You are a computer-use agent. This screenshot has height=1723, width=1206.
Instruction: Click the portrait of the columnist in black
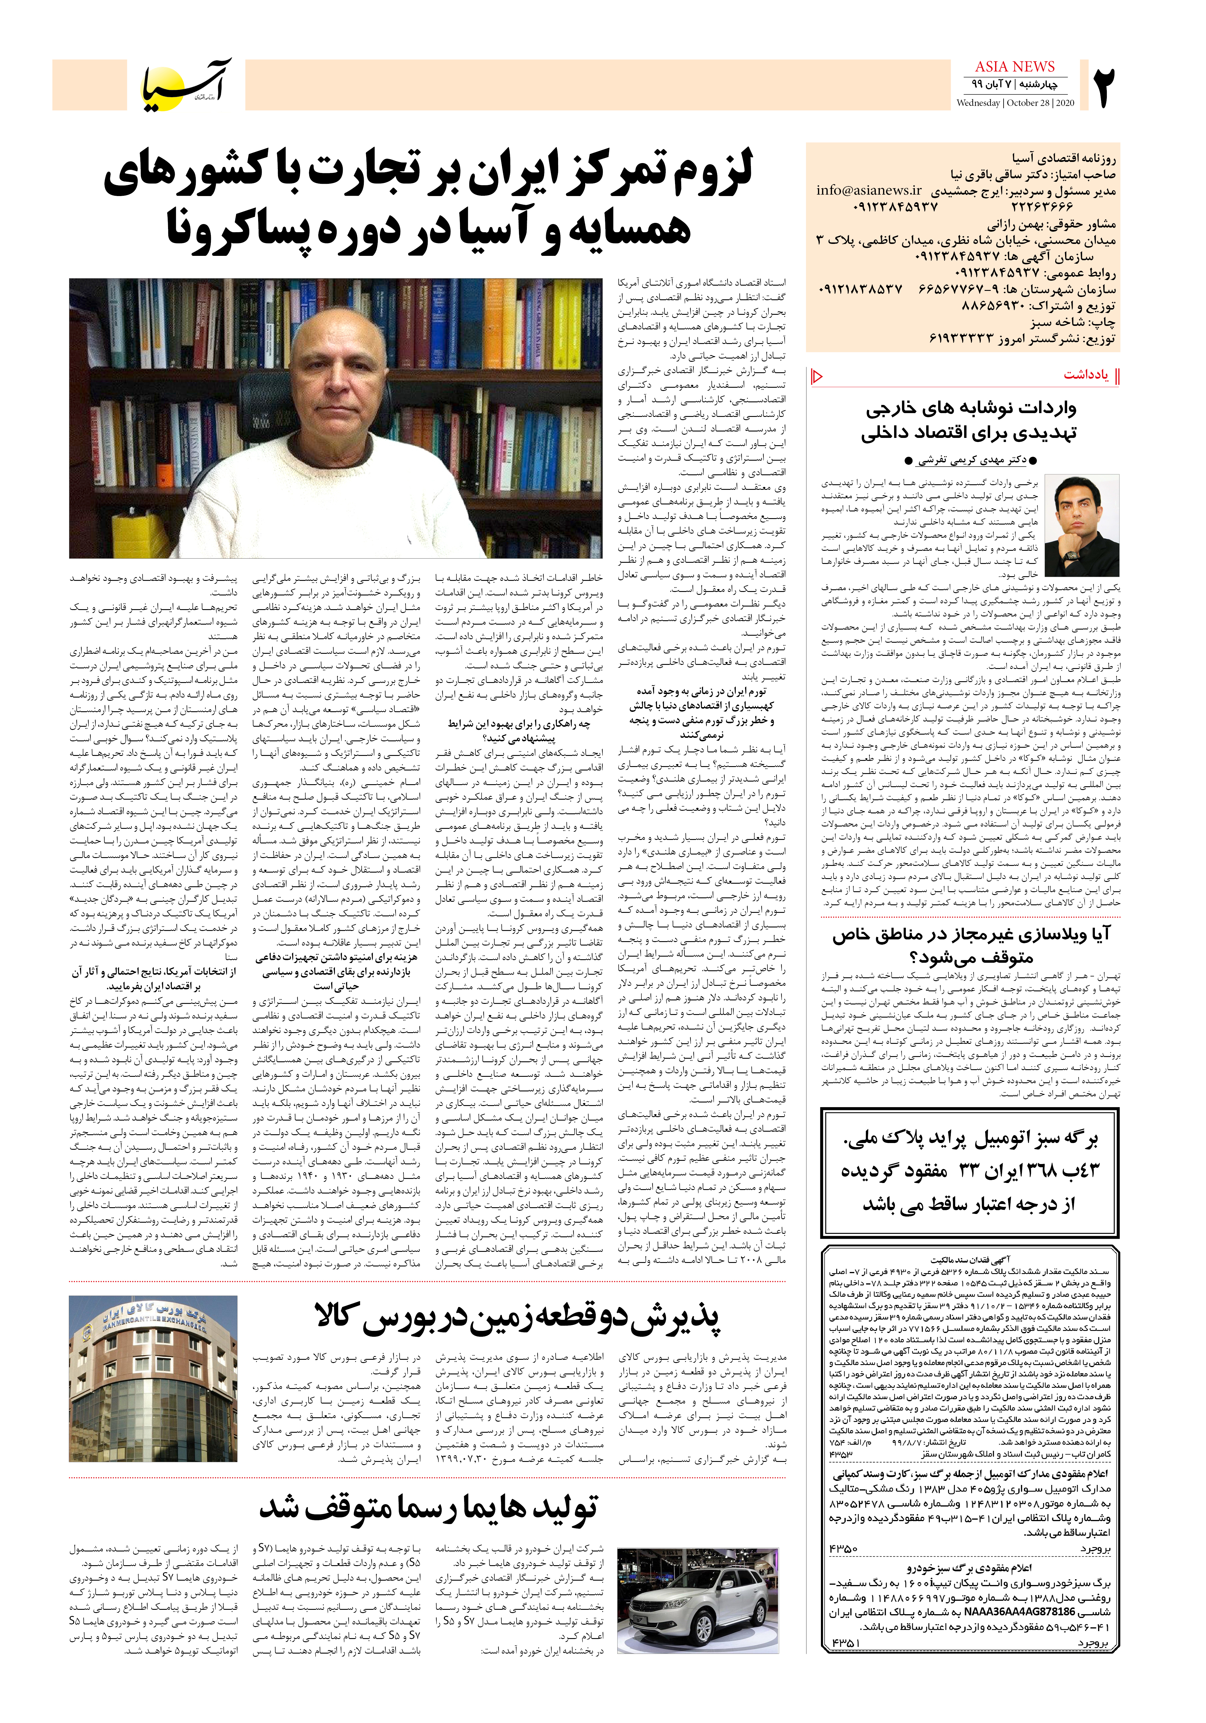(x=1085, y=525)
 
